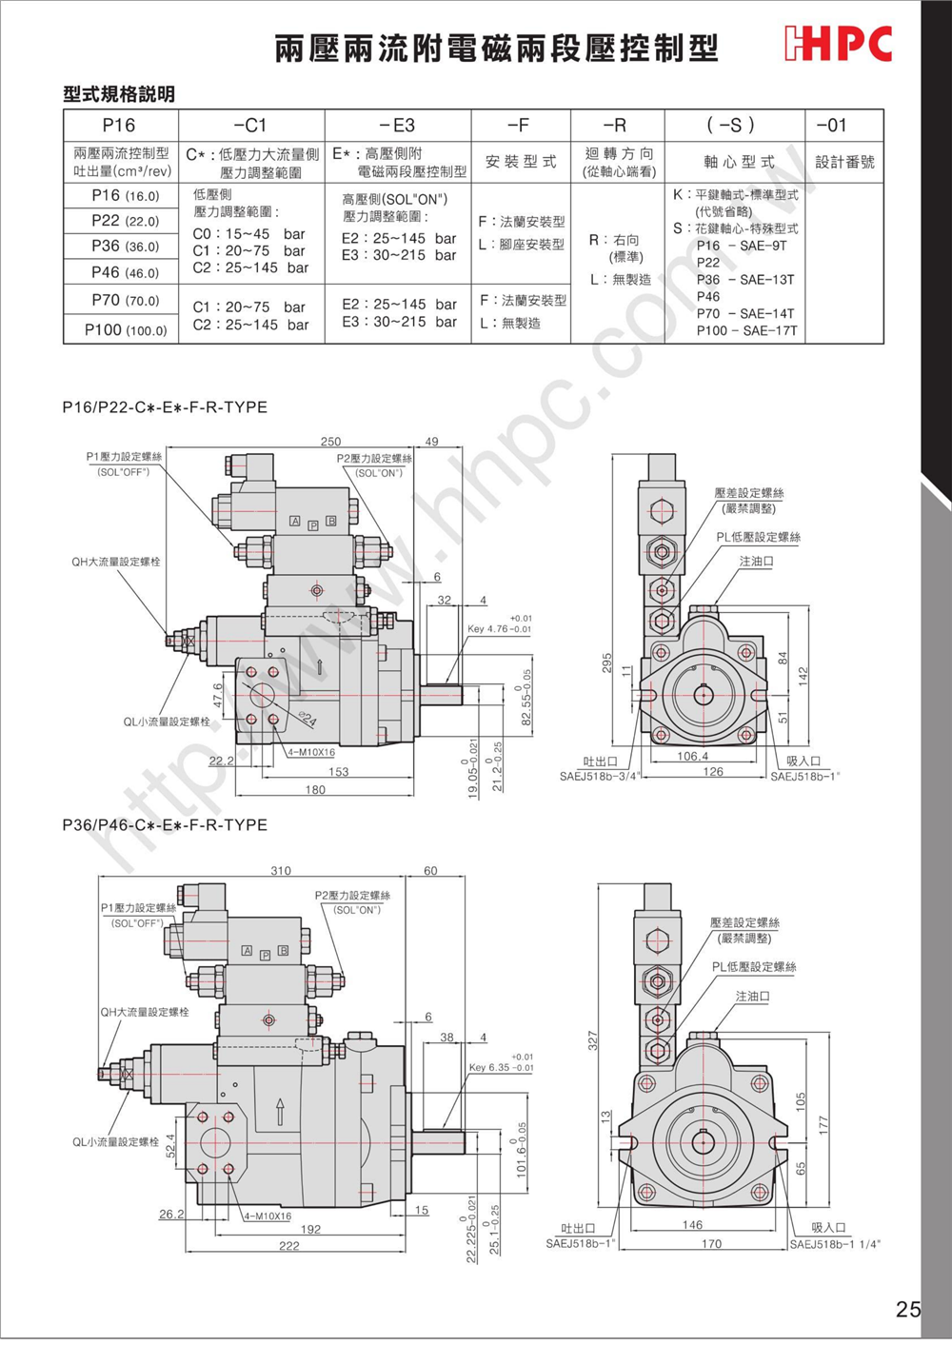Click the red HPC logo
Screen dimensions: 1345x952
[x=838, y=44]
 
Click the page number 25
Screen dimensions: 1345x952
[x=907, y=1309]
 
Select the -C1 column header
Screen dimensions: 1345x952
[x=250, y=126]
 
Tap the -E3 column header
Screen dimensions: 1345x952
[x=397, y=126]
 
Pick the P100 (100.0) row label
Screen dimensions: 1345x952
[x=125, y=330]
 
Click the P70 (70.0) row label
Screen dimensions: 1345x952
[x=125, y=301]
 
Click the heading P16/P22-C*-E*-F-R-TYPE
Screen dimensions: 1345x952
[x=165, y=407]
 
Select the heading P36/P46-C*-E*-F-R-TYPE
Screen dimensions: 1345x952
[x=165, y=825]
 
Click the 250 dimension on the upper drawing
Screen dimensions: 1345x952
[x=330, y=442]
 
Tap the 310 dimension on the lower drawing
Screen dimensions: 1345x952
[x=281, y=871]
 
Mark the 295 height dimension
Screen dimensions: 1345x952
[x=607, y=663]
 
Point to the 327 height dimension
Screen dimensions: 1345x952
[x=593, y=1040]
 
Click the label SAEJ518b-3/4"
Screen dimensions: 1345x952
[x=599, y=777]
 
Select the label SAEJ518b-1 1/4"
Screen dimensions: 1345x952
[x=835, y=1244]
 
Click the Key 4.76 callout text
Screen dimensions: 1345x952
[x=499, y=629]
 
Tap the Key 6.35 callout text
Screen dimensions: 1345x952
[x=501, y=1068]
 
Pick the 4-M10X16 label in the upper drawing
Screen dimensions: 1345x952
[x=311, y=753]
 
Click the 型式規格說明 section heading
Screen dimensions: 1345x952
[x=119, y=94]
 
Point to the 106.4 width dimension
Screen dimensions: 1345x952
[x=692, y=757]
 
